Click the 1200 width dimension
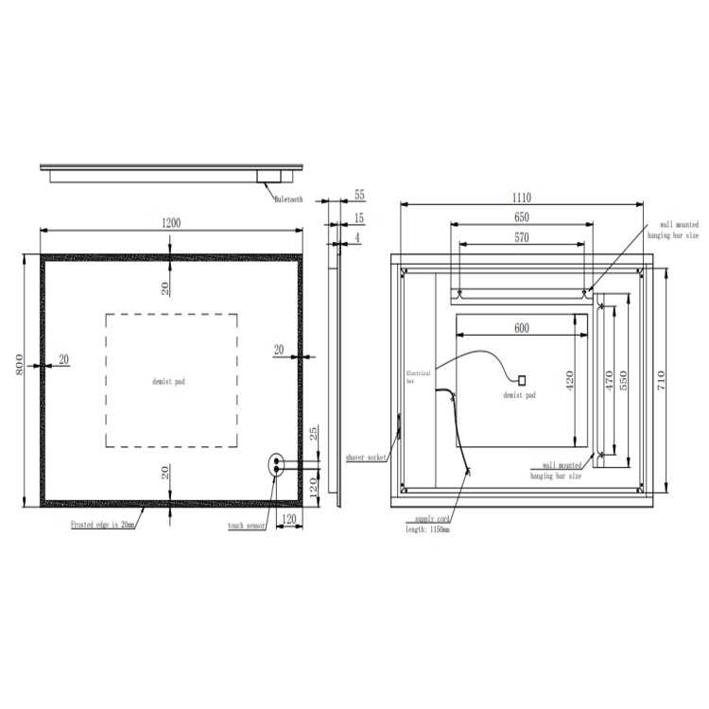click(171, 223)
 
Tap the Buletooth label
click(288, 199)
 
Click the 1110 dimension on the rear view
click(521, 198)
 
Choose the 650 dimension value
click(521, 217)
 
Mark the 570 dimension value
click(521, 238)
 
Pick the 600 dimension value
click(521, 328)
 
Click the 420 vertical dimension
click(570, 380)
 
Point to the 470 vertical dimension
click(610, 380)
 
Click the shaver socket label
click(367, 457)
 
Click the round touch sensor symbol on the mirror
click(276, 463)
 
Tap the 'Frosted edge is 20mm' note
click(103, 523)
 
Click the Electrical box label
click(418, 376)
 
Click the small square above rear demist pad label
click(520, 379)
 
